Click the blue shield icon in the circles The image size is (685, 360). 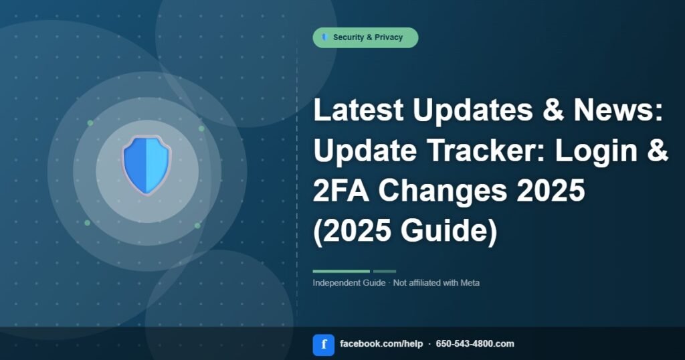(146, 165)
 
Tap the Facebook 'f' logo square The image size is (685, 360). (323, 345)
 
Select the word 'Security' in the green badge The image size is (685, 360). (349, 37)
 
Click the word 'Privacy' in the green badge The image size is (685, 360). (389, 37)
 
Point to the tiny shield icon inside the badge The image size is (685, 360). (324, 37)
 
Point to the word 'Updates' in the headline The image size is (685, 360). (473, 111)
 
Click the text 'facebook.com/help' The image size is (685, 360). (381, 344)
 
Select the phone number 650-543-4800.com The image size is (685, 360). (475, 344)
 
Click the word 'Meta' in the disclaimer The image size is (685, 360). (470, 282)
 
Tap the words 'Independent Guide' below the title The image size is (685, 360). (349, 282)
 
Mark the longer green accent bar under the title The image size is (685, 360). (341, 271)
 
